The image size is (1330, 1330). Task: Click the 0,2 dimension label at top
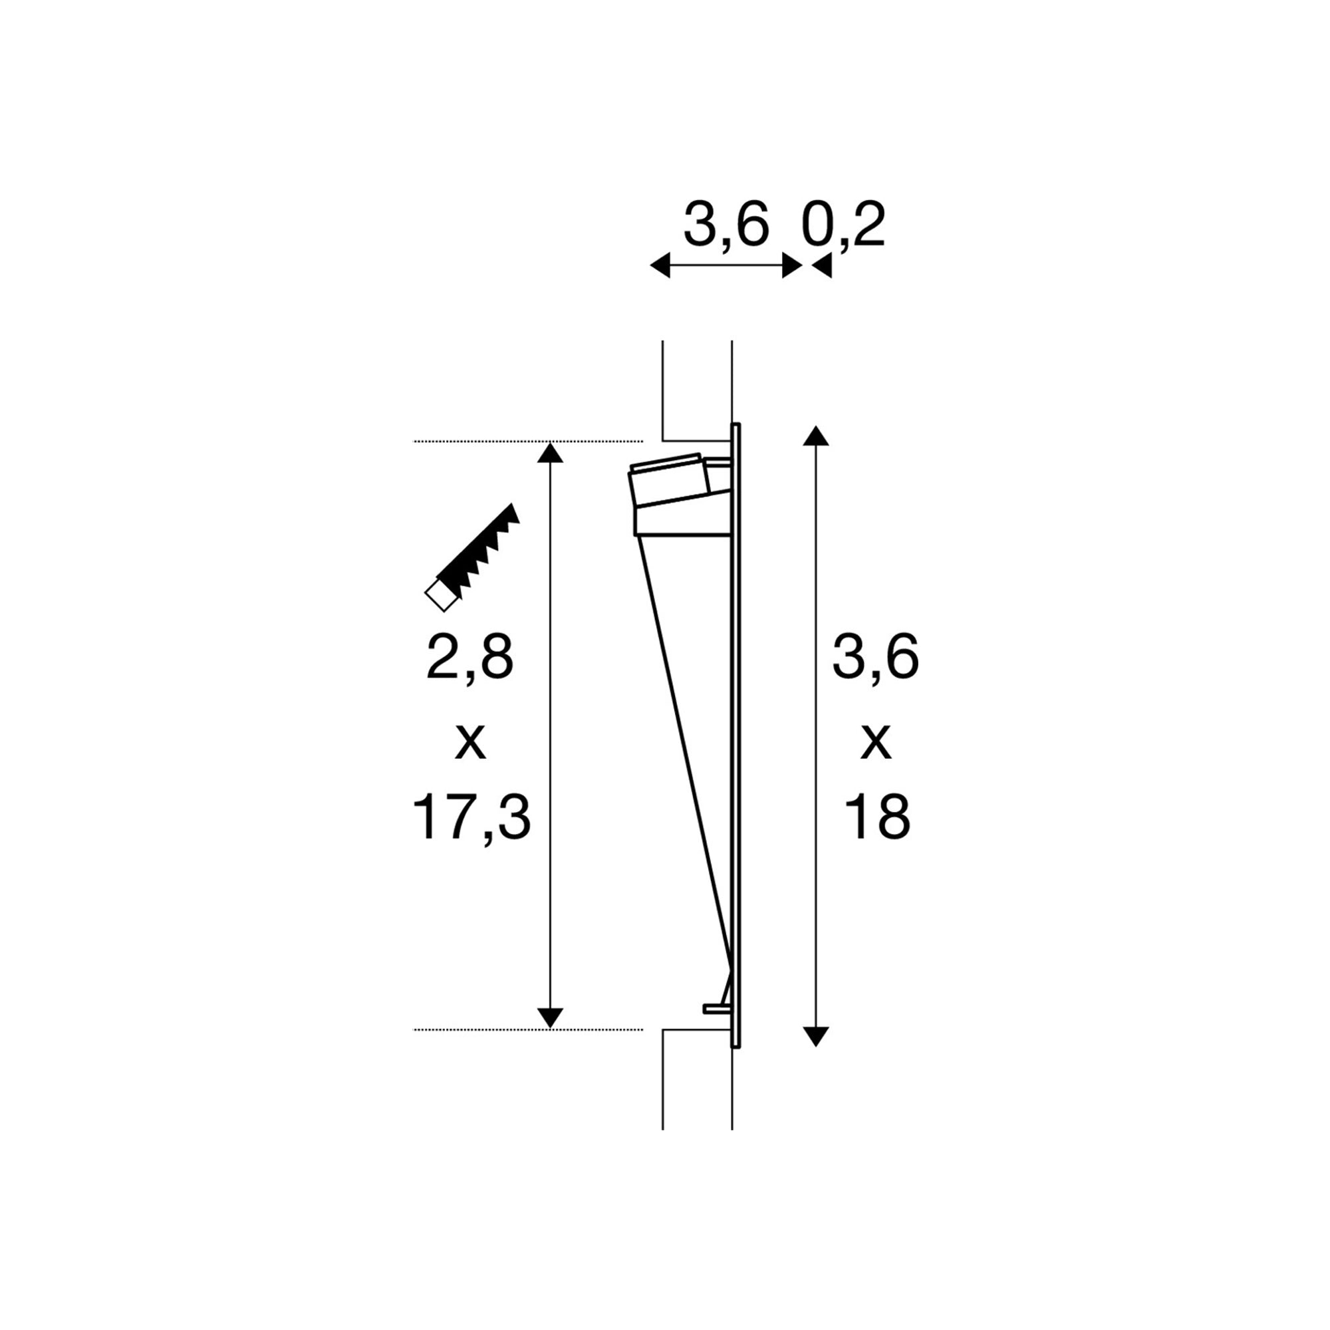click(843, 225)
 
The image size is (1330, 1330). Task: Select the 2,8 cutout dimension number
click(470, 658)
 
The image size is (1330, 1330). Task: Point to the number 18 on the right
click(877, 817)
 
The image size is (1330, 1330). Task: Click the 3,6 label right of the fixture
click(875, 658)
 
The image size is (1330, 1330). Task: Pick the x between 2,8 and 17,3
click(471, 743)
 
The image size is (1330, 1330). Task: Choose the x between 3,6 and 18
click(876, 743)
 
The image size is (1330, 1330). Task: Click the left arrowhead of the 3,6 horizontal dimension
click(660, 265)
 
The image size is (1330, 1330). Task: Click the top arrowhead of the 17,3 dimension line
click(550, 453)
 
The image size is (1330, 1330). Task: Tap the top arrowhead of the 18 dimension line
click(816, 436)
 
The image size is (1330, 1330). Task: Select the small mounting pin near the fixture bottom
click(716, 1009)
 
